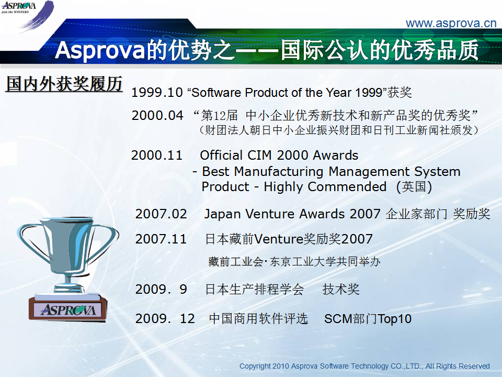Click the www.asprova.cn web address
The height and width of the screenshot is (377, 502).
pyautogui.click(x=451, y=23)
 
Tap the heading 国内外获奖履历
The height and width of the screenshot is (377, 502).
pyautogui.click(x=64, y=84)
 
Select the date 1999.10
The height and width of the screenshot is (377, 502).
pyautogui.click(x=157, y=92)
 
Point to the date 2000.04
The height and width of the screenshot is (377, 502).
pyautogui.click(x=157, y=115)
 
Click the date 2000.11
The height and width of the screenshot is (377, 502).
pyautogui.click(x=157, y=155)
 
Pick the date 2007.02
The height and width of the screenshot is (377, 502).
pyautogui.click(x=161, y=214)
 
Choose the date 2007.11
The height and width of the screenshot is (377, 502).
pyautogui.click(x=161, y=239)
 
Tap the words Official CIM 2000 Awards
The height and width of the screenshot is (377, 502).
pyautogui.click(x=279, y=155)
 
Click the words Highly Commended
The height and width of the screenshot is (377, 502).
pyautogui.click(x=325, y=186)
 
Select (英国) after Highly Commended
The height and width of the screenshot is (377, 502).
pyautogui.click(x=414, y=186)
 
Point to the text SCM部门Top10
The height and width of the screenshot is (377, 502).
pyautogui.click(x=368, y=319)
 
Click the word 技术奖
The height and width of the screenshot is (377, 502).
pyautogui.click(x=341, y=289)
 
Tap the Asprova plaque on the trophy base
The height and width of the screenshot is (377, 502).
pyautogui.click(x=68, y=310)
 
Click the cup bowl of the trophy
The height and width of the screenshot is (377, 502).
pyautogui.click(x=68, y=243)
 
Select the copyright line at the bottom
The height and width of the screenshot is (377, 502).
pyautogui.click(x=364, y=366)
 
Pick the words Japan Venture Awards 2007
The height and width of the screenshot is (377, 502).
pyautogui.click(x=292, y=214)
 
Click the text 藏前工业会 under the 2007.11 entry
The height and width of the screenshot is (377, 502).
pyautogui.click(x=235, y=262)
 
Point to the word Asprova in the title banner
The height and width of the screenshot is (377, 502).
pyautogui.click(x=100, y=50)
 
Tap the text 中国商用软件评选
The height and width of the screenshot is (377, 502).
pyautogui.click(x=258, y=319)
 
